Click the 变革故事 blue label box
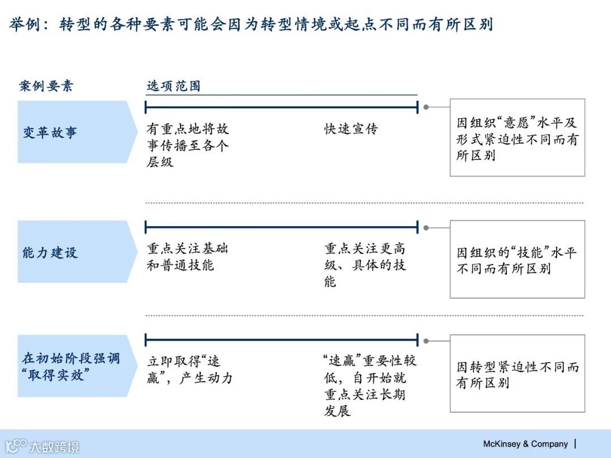tap(74, 132)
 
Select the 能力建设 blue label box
tap(74, 252)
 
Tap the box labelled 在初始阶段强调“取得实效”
tap(74, 366)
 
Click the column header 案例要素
tap(46, 86)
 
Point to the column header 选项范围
tap(173, 86)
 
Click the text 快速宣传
tap(351, 129)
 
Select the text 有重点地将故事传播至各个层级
tap(188, 145)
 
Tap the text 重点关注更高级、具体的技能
tap(365, 265)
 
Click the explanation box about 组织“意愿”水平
tap(517, 138)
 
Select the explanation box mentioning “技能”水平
tap(517, 260)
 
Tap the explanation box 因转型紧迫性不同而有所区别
tap(517, 374)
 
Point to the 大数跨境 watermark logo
tap(42, 446)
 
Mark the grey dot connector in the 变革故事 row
tap(426, 106)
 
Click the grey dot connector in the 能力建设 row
tap(426, 228)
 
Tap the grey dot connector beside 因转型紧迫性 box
tap(426, 341)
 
